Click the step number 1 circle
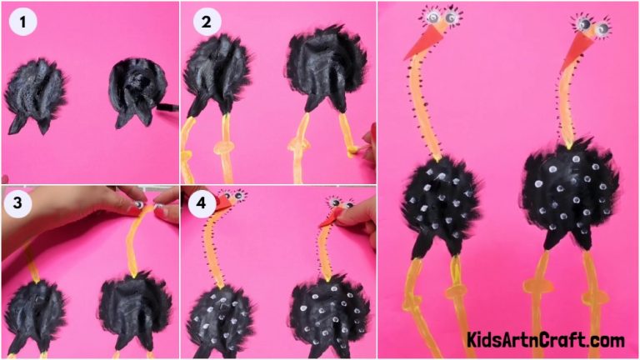tap(23, 22)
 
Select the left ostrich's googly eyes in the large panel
tap(442, 16)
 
